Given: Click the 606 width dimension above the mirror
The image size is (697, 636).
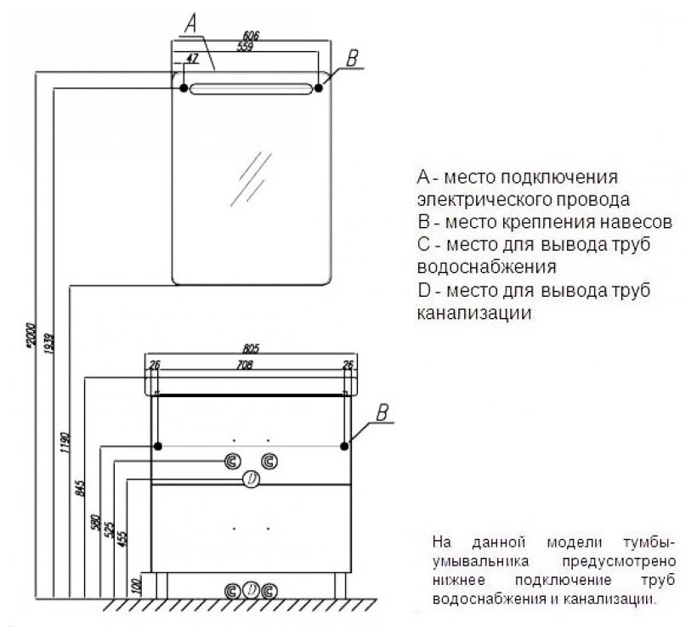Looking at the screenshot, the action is click(x=250, y=36).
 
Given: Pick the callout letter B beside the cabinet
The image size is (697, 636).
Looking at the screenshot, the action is click(x=382, y=414).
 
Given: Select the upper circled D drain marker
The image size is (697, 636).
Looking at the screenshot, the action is click(x=251, y=480).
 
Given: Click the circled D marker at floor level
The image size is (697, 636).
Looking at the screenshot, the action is click(x=251, y=590).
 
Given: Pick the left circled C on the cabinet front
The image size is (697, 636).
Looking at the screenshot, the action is click(x=232, y=463).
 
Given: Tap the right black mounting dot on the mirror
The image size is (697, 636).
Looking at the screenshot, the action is click(x=320, y=88).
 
